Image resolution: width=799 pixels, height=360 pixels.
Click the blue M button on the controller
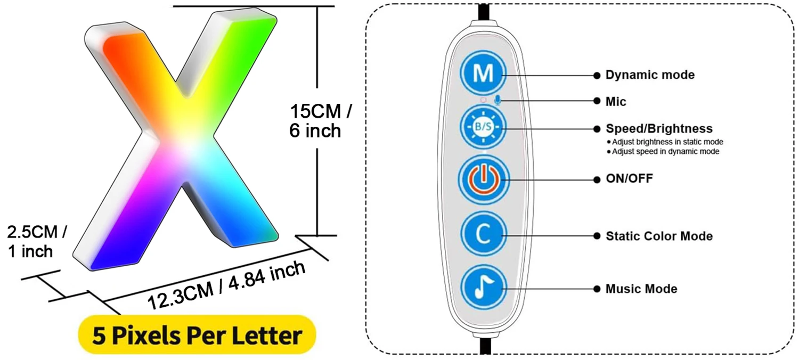(484, 73)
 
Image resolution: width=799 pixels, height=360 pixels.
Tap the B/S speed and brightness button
(484, 128)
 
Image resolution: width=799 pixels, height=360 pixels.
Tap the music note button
(484, 288)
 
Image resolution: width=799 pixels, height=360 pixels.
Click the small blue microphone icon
(498, 100)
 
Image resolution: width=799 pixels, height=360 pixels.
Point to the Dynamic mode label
(650, 75)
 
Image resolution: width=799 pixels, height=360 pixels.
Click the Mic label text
(616, 101)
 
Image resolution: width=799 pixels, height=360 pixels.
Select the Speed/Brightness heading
(659, 129)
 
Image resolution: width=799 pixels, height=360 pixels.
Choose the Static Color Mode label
(659, 236)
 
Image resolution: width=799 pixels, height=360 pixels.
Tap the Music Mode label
(641, 289)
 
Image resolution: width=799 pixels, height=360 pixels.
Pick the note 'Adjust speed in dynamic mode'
(665, 151)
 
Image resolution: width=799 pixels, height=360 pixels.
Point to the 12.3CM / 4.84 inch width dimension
(226, 286)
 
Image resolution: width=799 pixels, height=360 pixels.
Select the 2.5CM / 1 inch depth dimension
(36, 241)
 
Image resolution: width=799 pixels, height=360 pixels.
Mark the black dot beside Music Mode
(597, 289)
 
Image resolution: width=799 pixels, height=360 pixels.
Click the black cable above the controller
(484, 12)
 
